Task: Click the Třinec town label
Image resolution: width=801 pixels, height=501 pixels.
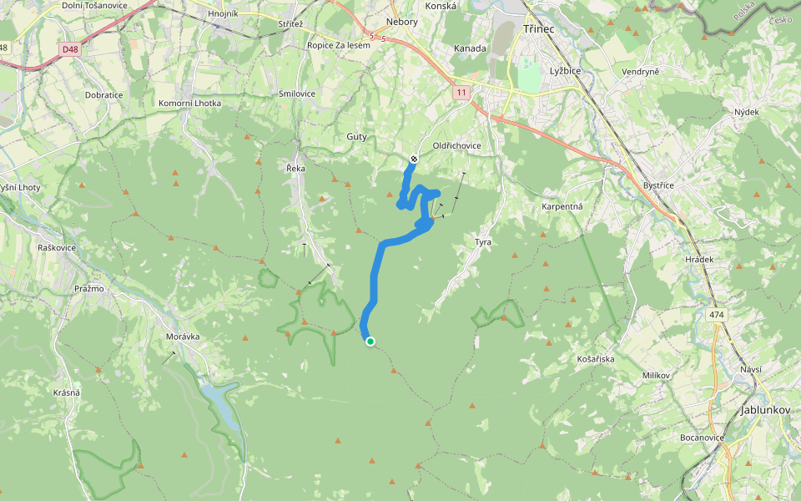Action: click(x=538, y=28)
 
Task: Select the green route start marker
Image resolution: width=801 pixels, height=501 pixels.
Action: click(x=370, y=341)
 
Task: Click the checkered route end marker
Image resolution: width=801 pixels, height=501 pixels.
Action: click(x=413, y=159)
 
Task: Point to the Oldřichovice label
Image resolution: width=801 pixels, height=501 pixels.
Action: click(x=456, y=145)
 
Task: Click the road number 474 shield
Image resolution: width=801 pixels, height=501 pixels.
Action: click(x=717, y=315)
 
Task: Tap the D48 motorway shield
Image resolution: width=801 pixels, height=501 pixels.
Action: click(x=69, y=49)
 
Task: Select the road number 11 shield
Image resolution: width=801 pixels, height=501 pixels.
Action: click(x=461, y=92)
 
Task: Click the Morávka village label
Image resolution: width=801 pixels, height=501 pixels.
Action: click(x=183, y=336)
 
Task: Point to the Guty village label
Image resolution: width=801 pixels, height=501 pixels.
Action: click(x=356, y=136)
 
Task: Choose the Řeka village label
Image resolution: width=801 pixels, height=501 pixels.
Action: click(x=295, y=168)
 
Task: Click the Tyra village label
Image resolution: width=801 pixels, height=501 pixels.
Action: click(x=483, y=242)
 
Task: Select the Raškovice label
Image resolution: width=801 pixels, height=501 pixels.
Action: click(x=58, y=248)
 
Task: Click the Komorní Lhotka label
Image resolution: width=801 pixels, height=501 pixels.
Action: click(x=189, y=103)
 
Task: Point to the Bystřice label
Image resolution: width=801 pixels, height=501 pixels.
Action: click(x=658, y=185)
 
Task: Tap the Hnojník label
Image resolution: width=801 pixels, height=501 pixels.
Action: click(x=223, y=13)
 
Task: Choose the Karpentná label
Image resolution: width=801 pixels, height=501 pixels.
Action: click(x=562, y=205)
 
